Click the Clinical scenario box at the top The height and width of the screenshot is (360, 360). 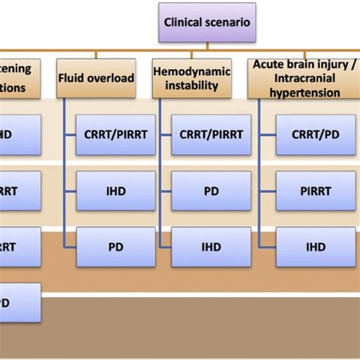pyautogui.click(x=206, y=23)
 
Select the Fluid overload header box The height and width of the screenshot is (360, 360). pyautogui.click(x=96, y=77)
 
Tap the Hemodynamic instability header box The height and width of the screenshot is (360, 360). pyautogui.click(x=191, y=77)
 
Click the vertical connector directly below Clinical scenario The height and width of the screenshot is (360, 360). pyautogui.click(x=206, y=48)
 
